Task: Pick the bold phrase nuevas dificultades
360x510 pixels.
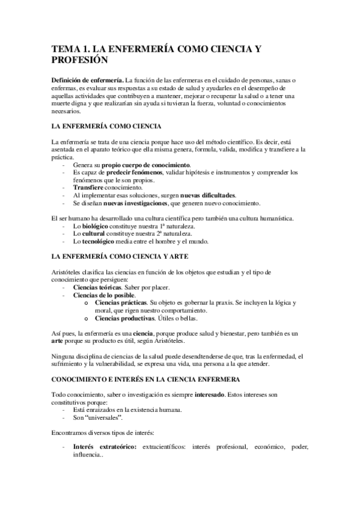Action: click(x=208, y=195)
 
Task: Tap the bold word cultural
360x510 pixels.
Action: click(x=95, y=234)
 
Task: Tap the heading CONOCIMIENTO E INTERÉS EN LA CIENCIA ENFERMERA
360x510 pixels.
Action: click(x=147, y=381)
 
